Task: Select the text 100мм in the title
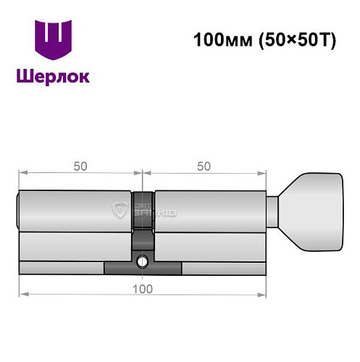point(217,40)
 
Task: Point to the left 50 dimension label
point(80,165)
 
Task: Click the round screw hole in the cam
point(143,261)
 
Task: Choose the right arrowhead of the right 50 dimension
point(262,174)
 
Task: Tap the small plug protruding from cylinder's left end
point(19,211)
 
